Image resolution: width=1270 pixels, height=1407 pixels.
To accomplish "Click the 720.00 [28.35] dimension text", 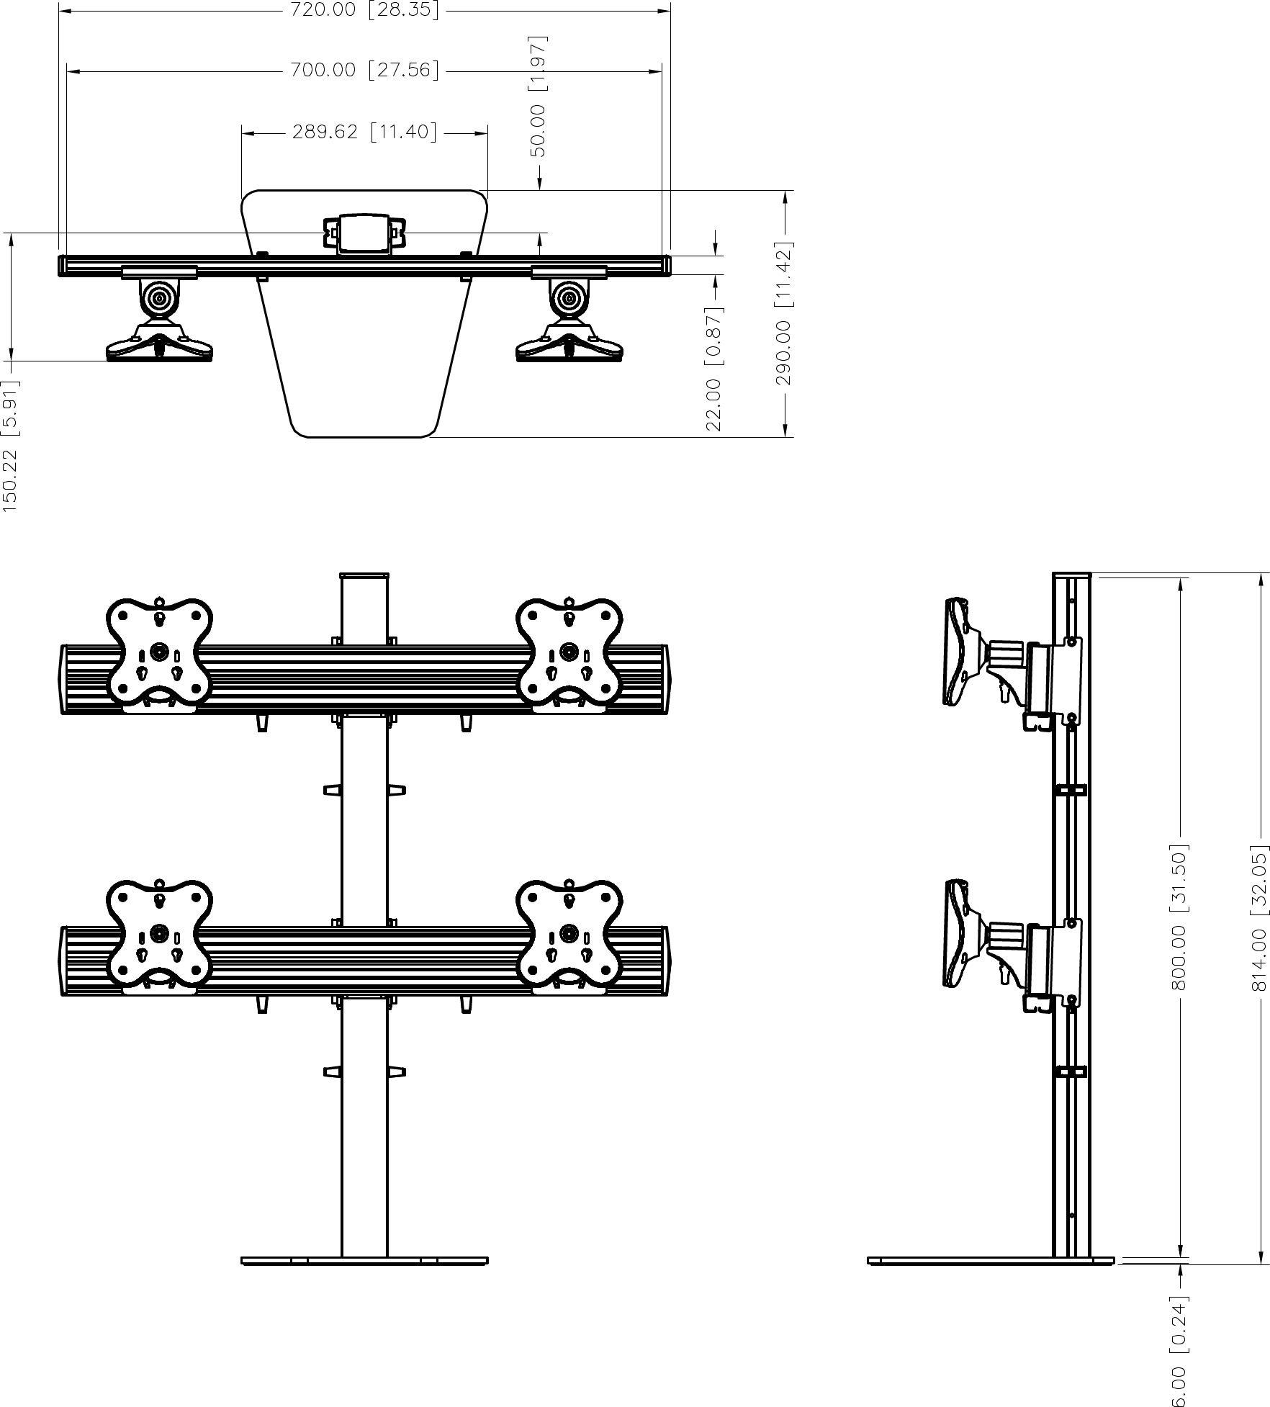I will [364, 11].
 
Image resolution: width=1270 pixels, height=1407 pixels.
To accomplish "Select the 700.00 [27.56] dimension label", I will [364, 70].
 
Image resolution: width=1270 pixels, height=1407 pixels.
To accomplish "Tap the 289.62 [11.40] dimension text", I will [364, 132].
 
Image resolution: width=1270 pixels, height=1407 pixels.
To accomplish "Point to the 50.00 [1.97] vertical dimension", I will [539, 95].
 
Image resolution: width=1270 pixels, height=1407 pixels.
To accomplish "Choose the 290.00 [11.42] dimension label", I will [784, 313].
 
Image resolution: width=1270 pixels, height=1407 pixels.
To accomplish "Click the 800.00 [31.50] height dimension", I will [1179, 917].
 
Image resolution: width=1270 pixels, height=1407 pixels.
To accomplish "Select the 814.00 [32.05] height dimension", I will [1258, 918].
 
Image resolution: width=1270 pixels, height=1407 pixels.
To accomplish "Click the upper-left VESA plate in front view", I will [159, 652].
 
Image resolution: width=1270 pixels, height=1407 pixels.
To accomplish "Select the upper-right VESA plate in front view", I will [569, 652].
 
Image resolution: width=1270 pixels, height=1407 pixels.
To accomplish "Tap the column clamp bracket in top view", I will [364, 233].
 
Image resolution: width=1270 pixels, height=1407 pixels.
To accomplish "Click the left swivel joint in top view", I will [159, 297].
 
